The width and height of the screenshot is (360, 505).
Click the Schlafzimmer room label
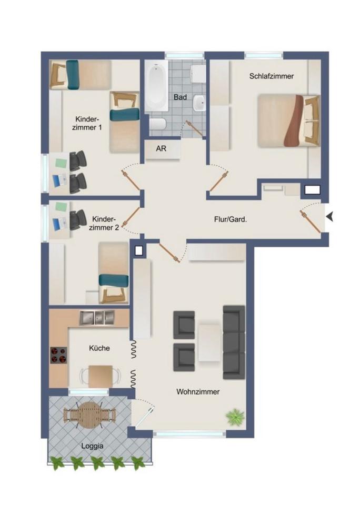point(272,76)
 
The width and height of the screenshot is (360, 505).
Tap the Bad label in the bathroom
point(180,97)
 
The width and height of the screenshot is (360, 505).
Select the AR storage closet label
point(161,149)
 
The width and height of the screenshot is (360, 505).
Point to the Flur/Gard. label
point(231,220)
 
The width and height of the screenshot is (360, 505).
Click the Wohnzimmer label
point(198,392)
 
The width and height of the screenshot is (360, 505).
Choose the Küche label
point(99,348)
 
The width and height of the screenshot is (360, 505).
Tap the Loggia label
point(92,447)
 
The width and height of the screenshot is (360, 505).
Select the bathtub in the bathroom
point(156,86)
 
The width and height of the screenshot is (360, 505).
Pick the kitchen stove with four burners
point(58,355)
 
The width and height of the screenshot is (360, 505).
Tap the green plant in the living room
point(235,417)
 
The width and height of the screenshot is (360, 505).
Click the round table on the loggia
point(89,415)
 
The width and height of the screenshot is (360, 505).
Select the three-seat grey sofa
point(234,342)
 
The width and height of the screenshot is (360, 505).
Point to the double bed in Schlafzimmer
point(289,120)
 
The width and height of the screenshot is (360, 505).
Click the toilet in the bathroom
point(157,124)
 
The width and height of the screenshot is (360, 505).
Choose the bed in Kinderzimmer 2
point(114,273)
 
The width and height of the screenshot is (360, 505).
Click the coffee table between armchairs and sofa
point(209,341)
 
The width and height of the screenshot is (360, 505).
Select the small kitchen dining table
point(101,376)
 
